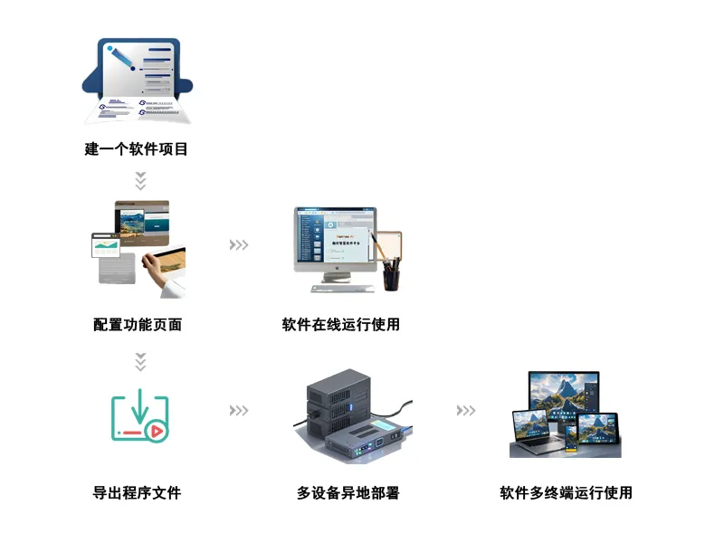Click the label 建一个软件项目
tap(137, 149)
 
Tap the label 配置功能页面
tap(138, 325)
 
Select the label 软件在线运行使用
tap(341, 325)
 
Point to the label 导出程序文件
tap(138, 492)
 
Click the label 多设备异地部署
tap(348, 492)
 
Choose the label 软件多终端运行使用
tap(567, 492)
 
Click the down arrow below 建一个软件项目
tap(140, 181)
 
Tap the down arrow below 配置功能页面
tap(140, 362)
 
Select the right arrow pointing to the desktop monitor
tap(239, 244)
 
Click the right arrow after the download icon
tap(239, 411)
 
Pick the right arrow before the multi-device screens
tap(466, 411)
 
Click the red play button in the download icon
tap(157, 432)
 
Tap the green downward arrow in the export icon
tap(140, 406)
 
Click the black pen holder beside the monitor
tap(391, 275)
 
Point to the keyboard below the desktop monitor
tap(343, 289)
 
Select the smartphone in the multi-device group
tap(571, 439)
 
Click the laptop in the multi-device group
tap(537, 433)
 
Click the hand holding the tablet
tap(153, 269)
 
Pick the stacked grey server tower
tap(338, 401)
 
